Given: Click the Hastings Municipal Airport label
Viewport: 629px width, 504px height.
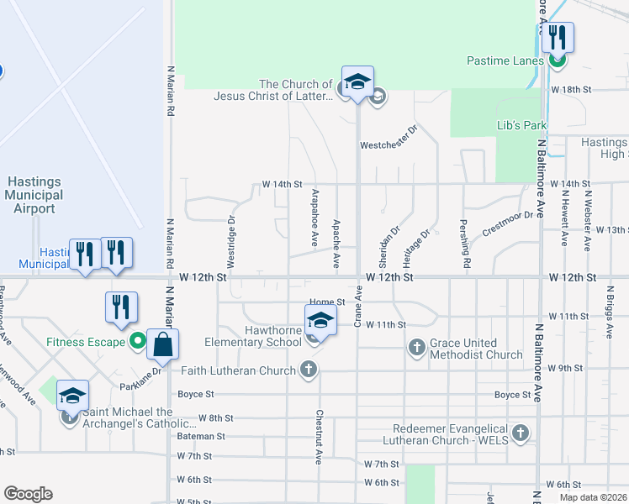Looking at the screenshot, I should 34,195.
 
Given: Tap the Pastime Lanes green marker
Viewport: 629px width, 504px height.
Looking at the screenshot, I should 555,60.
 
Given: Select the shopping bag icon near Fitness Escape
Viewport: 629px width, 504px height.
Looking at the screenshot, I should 162,344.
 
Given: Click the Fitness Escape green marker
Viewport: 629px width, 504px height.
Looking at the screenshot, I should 138,341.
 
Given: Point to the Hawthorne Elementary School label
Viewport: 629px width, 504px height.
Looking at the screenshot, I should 253,336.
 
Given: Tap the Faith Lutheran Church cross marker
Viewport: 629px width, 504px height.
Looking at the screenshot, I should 309,369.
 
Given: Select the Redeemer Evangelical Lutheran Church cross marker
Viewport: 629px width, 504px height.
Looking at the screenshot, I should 521,433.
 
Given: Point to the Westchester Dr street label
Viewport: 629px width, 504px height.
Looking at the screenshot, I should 388,144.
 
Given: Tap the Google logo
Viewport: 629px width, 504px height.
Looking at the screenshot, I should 28,493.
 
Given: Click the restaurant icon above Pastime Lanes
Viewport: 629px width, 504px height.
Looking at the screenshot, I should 556,37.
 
